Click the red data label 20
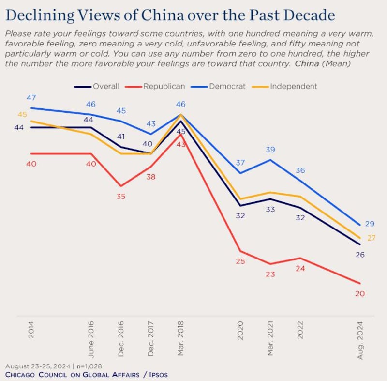(359, 293)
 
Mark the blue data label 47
(31, 97)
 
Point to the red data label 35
(120, 197)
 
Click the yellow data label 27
(371, 238)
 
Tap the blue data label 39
(270, 150)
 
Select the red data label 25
(240, 261)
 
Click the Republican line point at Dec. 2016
(120, 185)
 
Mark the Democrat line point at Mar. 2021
(270, 160)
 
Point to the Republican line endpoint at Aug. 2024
(359, 283)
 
